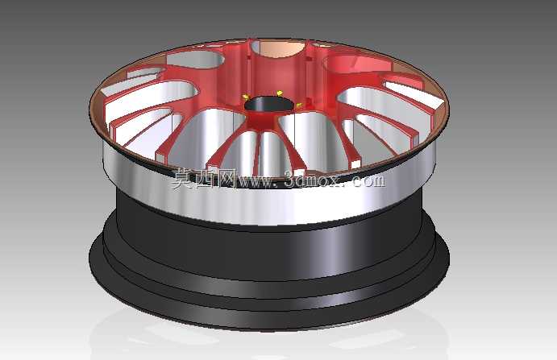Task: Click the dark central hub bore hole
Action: point(269,105)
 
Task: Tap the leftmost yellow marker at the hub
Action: point(245,97)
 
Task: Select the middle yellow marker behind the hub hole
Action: point(280,93)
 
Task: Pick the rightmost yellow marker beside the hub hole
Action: point(299,105)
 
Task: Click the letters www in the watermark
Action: point(256,181)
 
